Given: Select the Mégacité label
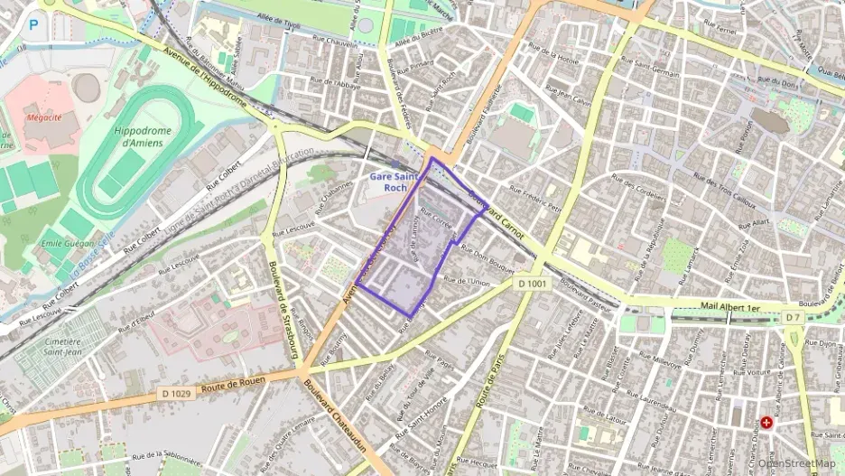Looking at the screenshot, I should tap(42, 117).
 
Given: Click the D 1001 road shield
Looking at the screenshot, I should tap(534, 284).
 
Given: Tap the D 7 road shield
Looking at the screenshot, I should tap(793, 318).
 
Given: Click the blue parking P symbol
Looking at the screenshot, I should tap(33, 25).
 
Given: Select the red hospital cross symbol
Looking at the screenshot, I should tap(766, 422).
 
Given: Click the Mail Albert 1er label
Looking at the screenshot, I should tap(729, 308).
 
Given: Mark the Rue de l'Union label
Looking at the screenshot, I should tap(468, 282).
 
